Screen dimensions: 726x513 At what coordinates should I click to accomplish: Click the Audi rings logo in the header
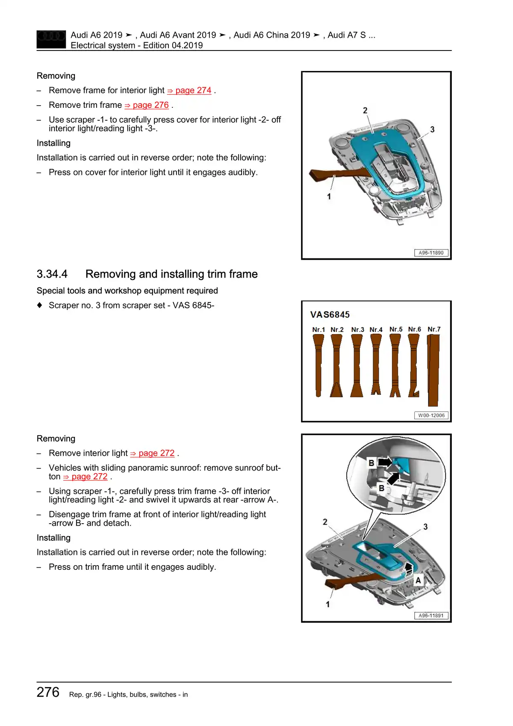pyautogui.click(x=51, y=39)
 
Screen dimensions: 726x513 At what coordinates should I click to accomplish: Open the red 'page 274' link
pyautogui.click(x=193, y=91)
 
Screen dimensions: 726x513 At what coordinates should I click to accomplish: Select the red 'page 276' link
pyautogui.click(x=150, y=105)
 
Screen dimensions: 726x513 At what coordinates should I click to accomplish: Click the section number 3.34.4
pyautogui.click(x=52, y=274)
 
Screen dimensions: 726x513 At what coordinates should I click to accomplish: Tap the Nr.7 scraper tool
pyautogui.click(x=433, y=370)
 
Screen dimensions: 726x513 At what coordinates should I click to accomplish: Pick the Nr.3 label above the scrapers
pyautogui.click(x=357, y=330)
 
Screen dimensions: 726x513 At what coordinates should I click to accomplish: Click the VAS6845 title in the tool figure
pyautogui.click(x=330, y=315)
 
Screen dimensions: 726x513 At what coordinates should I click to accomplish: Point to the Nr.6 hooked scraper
pyautogui.click(x=414, y=366)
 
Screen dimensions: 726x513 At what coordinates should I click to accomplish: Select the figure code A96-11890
pyautogui.click(x=431, y=253)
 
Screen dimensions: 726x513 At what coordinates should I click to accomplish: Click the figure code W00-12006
pyautogui.click(x=431, y=415)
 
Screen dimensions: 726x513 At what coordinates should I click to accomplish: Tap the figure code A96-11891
pyautogui.click(x=431, y=616)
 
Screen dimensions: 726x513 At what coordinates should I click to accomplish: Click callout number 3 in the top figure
pyautogui.click(x=432, y=129)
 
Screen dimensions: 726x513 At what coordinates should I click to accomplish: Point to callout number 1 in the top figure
pyautogui.click(x=329, y=196)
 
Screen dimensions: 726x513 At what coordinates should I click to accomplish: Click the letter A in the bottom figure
pyautogui.click(x=418, y=580)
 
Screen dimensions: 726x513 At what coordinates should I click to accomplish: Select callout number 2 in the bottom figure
pyautogui.click(x=325, y=522)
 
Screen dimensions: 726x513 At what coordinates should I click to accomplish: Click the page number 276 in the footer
pyautogui.click(x=48, y=692)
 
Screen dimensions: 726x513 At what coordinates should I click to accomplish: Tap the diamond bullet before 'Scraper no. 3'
pyautogui.click(x=40, y=305)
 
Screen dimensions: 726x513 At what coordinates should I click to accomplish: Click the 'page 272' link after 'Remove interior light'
pyautogui.click(x=156, y=453)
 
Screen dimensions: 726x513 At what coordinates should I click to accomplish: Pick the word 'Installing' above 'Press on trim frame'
pyautogui.click(x=53, y=538)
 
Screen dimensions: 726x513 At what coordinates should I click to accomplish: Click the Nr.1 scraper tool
pyautogui.click(x=318, y=366)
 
